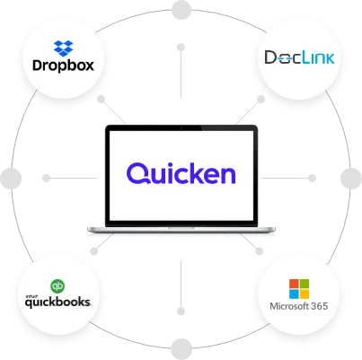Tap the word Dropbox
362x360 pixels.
point(63,66)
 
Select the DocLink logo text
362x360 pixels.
point(298,57)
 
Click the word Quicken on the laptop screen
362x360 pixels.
point(181,172)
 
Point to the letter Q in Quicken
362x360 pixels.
point(137,172)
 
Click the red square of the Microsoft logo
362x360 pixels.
point(294,285)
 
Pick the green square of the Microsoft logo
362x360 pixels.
point(305,285)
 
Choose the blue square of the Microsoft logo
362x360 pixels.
point(294,294)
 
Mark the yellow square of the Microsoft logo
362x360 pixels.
point(305,294)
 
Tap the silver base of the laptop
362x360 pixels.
point(181,233)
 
